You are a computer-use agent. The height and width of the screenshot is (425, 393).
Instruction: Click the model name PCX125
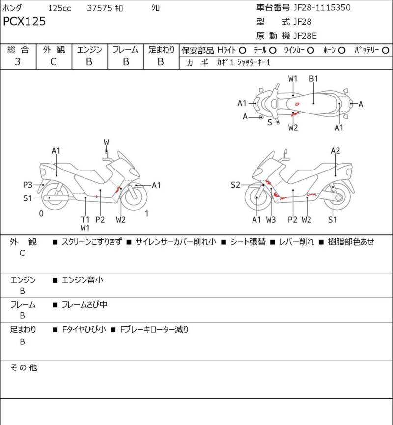click(x=25, y=22)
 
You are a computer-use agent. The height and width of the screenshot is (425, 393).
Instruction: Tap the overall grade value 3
click(x=18, y=62)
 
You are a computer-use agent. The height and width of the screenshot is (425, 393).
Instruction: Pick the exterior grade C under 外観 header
click(x=54, y=62)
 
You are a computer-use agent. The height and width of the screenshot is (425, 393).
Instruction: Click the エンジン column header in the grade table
click(x=89, y=50)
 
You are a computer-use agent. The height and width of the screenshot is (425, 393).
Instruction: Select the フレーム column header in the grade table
click(x=125, y=50)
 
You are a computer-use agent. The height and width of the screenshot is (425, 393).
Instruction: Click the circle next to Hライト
click(x=242, y=50)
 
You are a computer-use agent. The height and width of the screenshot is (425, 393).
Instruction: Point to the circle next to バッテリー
click(x=386, y=50)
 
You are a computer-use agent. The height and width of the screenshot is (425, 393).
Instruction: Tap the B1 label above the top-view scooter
click(x=314, y=79)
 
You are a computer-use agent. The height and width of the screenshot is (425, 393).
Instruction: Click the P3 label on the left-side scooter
click(x=28, y=185)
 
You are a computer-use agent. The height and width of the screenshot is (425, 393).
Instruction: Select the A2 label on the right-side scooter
click(x=336, y=151)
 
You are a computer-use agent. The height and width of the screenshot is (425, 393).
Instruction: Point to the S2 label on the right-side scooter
click(x=236, y=185)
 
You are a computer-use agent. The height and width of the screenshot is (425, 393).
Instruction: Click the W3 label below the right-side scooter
click(x=271, y=220)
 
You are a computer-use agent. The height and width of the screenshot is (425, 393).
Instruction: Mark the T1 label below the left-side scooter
click(x=85, y=220)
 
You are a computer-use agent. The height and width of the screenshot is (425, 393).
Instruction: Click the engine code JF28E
click(x=308, y=35)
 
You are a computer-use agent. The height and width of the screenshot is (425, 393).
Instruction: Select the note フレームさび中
click(x=84, y=305)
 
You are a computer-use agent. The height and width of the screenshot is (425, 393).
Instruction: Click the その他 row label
click(x=24, y=368)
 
